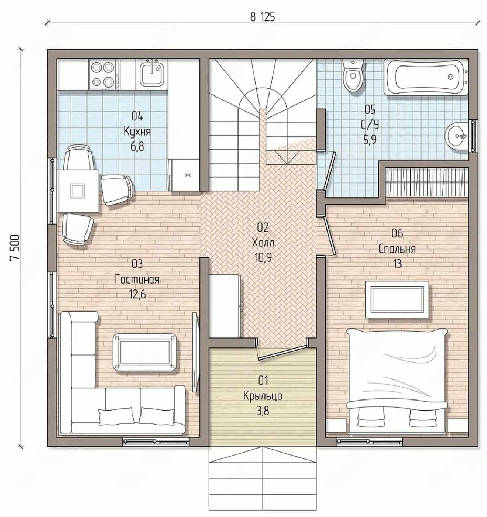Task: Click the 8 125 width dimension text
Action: (x=262, y=17)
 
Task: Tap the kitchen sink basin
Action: (x=151, y=75)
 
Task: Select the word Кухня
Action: (x=137, y=132)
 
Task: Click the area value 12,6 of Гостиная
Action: (x=137, y=294)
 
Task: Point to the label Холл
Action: (x=263, y=243)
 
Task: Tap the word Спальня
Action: (x=397, y=249)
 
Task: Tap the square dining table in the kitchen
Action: (x=78, y=191)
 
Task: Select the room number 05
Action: (x=370, y=110)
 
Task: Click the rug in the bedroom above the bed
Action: (x=397, y=300)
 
